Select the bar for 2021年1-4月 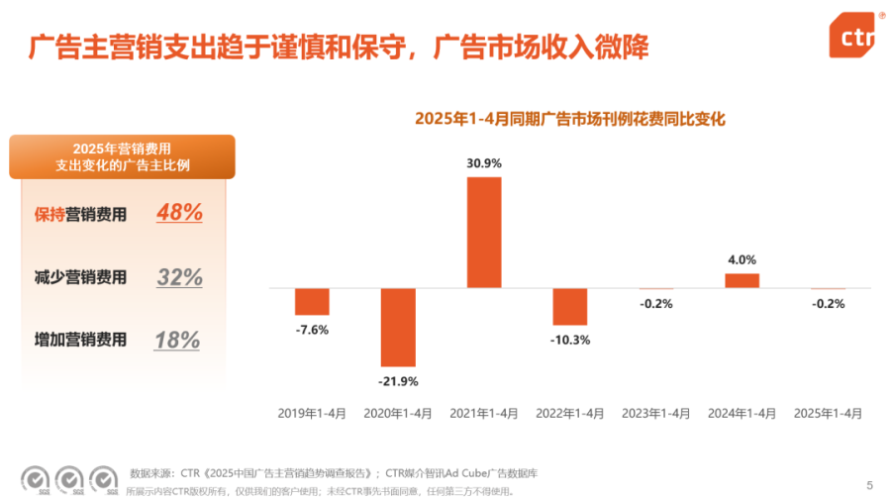[x=484, y=232]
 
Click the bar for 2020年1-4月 [x=398, y=327]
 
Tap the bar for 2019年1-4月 [x=312, y=301]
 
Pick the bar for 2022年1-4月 [x=570, y=306]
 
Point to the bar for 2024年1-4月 [x=742, y=280]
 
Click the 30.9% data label [x=484, y=163]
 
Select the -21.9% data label [x=398, y=381]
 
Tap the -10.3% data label [x=570, y=340]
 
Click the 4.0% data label [x=742, y=259]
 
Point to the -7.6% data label [x=312, y=329]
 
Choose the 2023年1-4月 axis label [x=655, y=413]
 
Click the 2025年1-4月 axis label [x=828, y=413]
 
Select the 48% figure [x=179, y=212]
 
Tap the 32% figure [x=179, y=277]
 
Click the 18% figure [x=177, y=341]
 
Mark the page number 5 [x=869, y=484]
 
